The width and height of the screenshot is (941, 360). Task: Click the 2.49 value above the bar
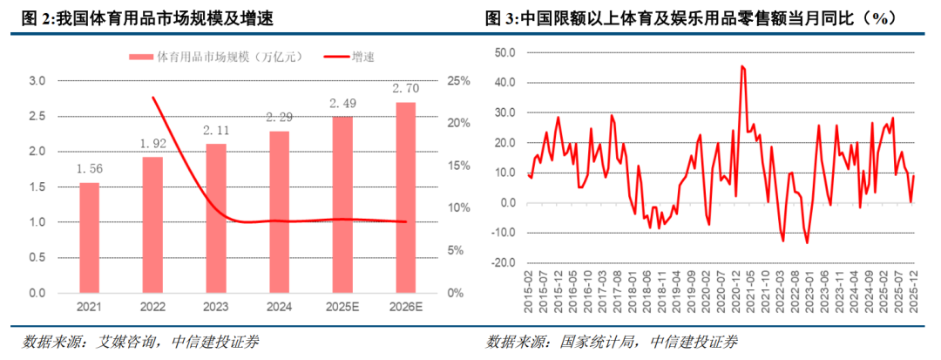coord(342,105)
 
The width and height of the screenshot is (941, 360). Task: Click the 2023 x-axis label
coord(215,308)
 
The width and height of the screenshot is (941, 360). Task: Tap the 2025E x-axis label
coord(342,308)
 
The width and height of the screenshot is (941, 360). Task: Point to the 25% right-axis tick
coord(458,81)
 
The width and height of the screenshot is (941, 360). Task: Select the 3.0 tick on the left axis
coord(37,81)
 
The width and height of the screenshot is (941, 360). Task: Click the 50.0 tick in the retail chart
coord(505,52)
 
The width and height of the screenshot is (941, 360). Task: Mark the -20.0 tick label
coord(504,262)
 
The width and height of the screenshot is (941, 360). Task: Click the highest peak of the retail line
coord(741,65)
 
